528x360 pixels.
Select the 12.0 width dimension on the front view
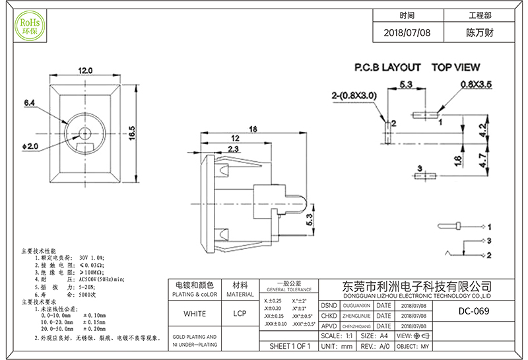(x=85, y=71)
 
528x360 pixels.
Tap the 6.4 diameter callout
(x=29, y=104)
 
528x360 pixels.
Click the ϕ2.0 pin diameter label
(x=30, y=145)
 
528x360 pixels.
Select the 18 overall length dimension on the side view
(x=252, y=129)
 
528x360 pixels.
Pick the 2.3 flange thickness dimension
(x=215, y=149)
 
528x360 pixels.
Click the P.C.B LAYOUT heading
(x=387, y=67)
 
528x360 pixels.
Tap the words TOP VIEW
(x=455, y=67)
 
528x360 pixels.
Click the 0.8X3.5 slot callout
(x=476, y=85)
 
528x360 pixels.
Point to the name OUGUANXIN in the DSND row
(x=356, y=306)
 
